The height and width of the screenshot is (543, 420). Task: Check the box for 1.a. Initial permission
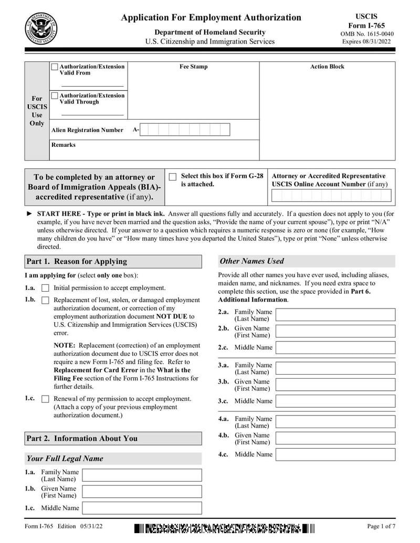point(45,288)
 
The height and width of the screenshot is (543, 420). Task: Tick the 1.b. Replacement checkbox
point(45,300)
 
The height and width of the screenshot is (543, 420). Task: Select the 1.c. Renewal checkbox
point(45,399)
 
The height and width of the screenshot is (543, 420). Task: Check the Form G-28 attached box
point(172,177)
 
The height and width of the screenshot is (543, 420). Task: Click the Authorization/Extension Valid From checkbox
point(55,67)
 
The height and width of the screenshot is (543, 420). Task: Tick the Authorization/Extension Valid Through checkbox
point(55,96)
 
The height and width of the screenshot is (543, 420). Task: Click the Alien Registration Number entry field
point(185,130)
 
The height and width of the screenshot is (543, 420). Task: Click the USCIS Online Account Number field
point(331,196)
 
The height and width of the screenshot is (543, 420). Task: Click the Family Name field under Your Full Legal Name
point(142,475)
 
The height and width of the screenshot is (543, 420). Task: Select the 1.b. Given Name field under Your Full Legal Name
point(142,492)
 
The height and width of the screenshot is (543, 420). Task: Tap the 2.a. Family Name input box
point(335,315)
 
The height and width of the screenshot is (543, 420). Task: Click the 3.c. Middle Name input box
point(335,401)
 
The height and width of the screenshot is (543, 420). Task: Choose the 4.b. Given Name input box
point(335,438)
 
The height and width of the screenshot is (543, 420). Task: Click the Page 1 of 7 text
point(381,526)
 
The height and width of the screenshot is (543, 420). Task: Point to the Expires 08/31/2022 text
point(367,41)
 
